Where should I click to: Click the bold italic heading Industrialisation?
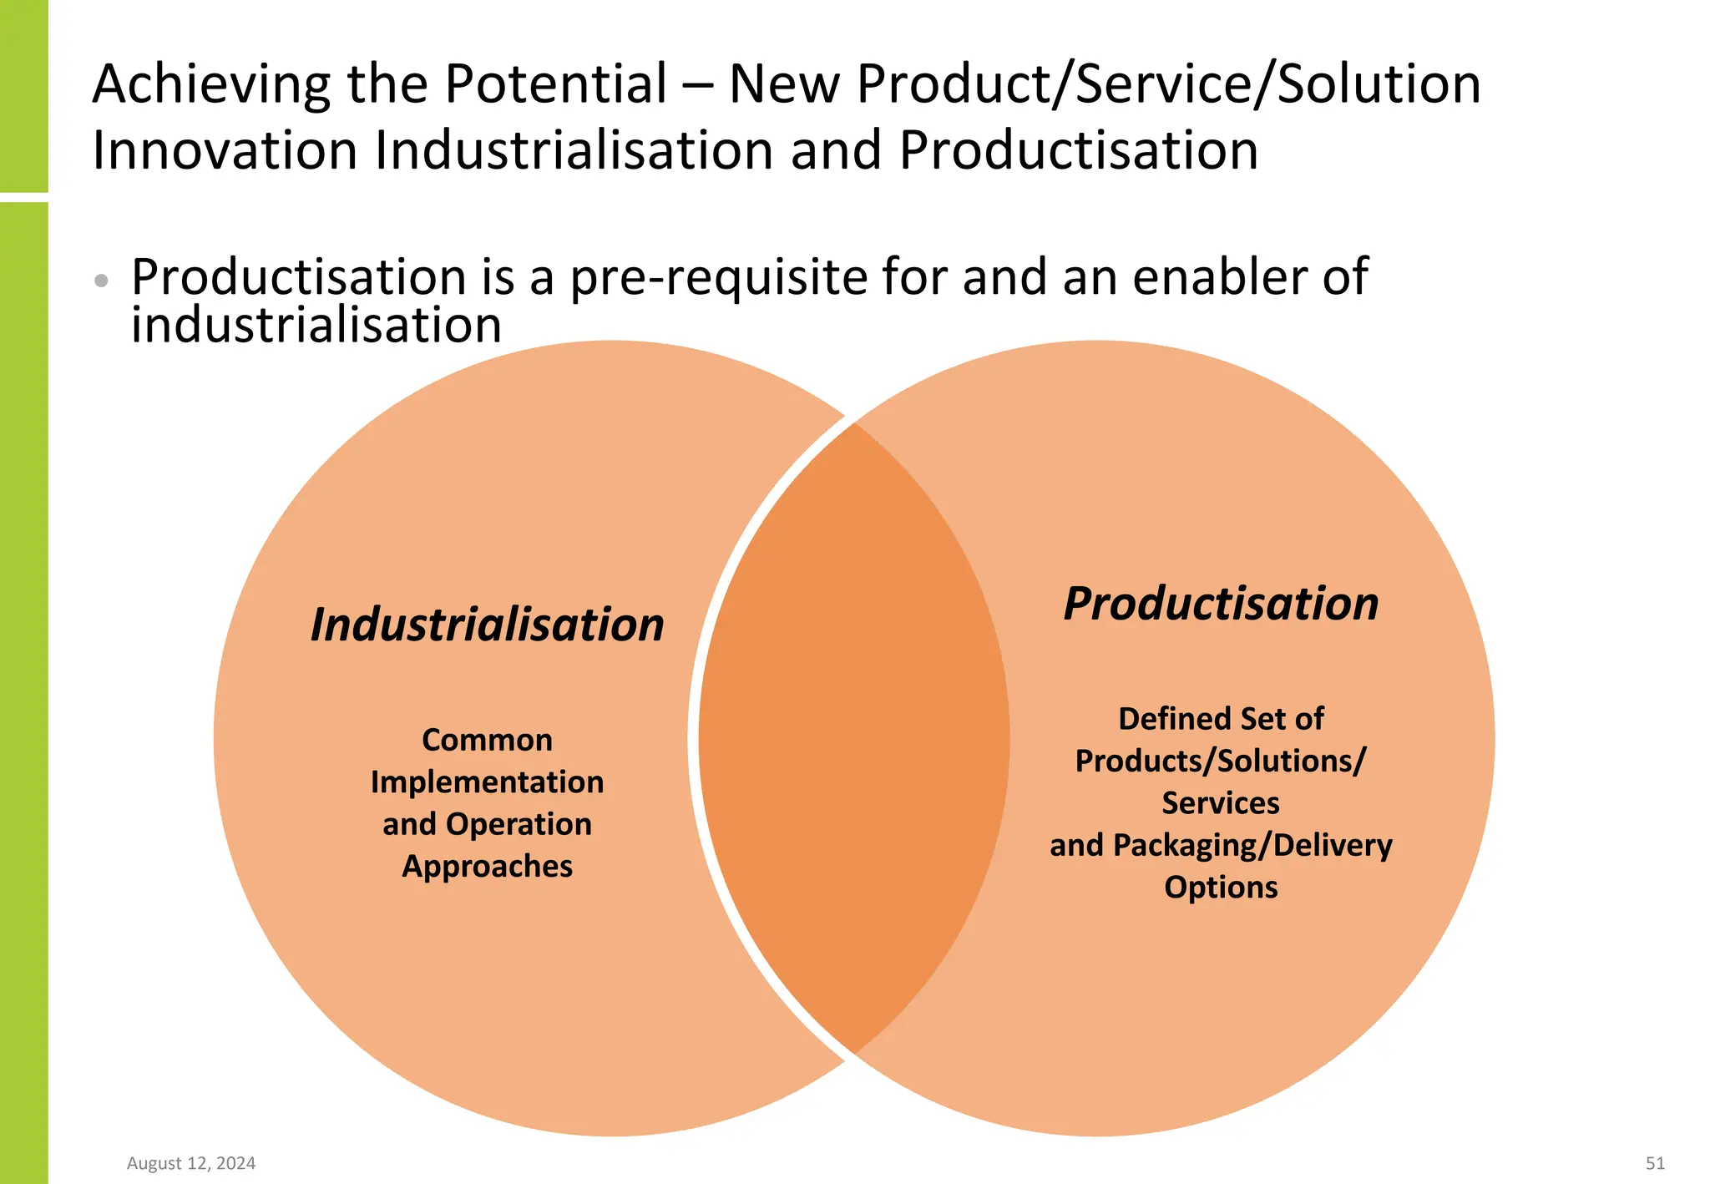pyautogui.click(x=487, y=625)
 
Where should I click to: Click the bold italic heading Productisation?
pyautogui.click(x=1221, y=603)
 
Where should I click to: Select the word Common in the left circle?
pyautogui.click(x=487, y=740)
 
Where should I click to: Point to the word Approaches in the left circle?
pyautogui.click(x=487, y=866)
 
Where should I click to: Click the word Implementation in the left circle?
pyautogui.click(x=487, y=782)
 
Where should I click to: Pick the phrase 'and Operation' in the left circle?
pyautogui.click(x=487, y=824)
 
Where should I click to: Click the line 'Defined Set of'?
pyautogui.click(x=1221, y=718)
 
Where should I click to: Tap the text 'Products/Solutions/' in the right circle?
pyautogui.click(x=1221, y=761)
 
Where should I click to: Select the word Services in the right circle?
pyautogui.click(x=1221, y=802)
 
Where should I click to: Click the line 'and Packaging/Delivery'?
pyautogui.click(x=1221, y=845)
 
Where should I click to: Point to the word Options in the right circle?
pyautogui.click(x=1221, y=887)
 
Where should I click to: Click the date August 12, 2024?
pyautogui.click(x=191, y=1163)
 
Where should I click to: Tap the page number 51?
pyautogui.click(x=1655, y=1163)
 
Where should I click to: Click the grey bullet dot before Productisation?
pyautogui.click(x=101, y=281)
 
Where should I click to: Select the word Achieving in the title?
pyautogui.click(x=210, y=84)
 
